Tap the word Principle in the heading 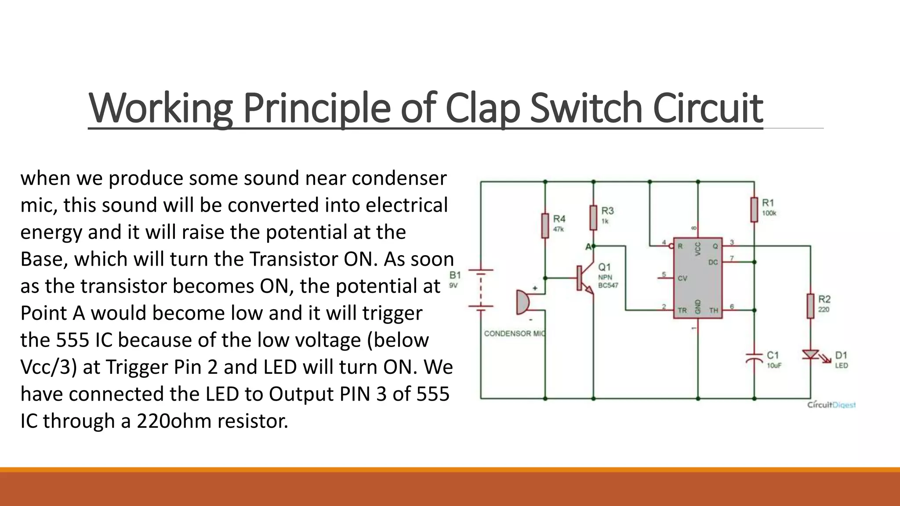(316, 108)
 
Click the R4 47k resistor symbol (545, 225)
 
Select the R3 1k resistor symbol (593, 217)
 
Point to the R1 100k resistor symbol (754, 210)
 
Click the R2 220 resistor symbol (811, 306)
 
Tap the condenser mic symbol (523, 302)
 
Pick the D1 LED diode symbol (811, 355)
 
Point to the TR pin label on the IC (682, 310)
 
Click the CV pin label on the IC (682, 278)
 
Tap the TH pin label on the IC (714, 310)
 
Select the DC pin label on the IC (713, 262)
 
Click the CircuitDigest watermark (831, 405)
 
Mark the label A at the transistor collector (588, 247)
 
